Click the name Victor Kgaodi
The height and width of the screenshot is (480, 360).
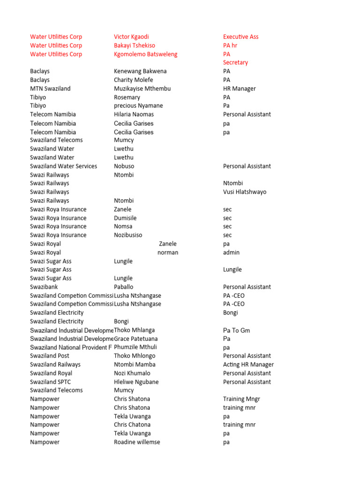[131, 37]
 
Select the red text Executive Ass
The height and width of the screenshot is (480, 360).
[240, 37]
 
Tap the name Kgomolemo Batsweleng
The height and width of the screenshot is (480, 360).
[145, 54]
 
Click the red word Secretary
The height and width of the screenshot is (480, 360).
[235, 62]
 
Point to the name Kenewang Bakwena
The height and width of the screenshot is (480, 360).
[140, 71]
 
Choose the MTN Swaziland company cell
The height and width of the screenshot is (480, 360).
[50, 89]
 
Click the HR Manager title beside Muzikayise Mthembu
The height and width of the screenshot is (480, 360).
[240, 89]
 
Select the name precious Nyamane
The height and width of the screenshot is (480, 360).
[138, 106]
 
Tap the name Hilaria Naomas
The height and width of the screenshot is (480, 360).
[134, 114]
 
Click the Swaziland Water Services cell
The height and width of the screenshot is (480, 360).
[63, 166]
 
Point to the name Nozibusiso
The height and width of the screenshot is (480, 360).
[128, 235]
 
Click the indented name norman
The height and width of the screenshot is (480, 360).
[168, 253]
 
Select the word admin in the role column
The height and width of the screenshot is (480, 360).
[231, 253]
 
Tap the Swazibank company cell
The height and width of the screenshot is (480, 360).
[45, 287]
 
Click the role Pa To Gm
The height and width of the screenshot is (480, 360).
[236, 330]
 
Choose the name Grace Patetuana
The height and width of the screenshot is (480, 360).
[136, 338]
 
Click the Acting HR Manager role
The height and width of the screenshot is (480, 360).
[248, 365]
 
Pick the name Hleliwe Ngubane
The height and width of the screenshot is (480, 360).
[136, 382]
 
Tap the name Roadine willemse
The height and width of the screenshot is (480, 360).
[137, 442]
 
